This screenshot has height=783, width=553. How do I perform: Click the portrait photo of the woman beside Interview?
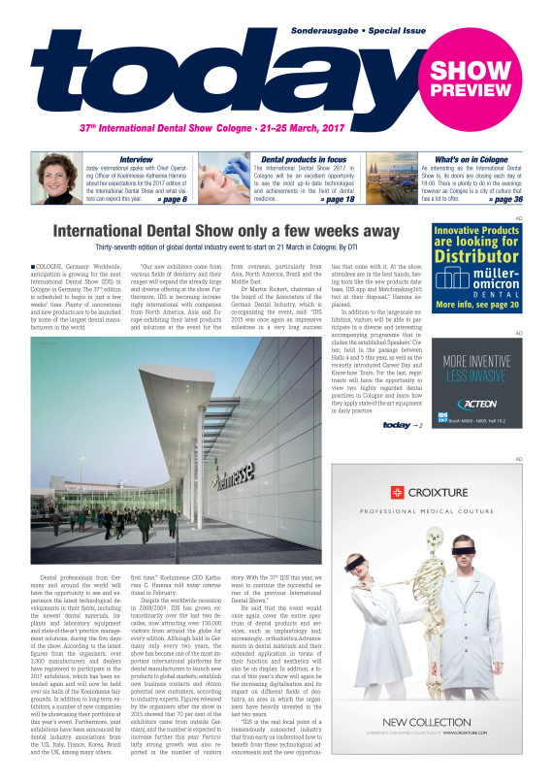(x=57, y=180)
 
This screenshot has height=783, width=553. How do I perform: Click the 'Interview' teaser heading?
(x=135, y=158)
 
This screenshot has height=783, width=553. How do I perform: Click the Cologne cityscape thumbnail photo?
(x=393, y=180)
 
